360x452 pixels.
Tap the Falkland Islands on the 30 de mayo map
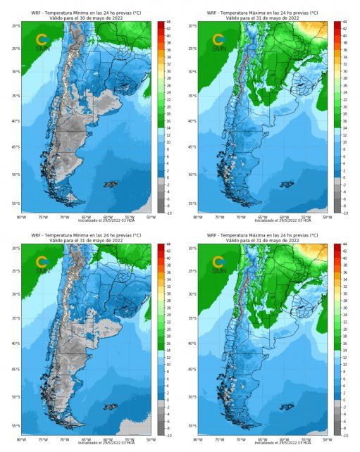tap(110, 184)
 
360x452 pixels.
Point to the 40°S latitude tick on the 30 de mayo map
tap(15, 121)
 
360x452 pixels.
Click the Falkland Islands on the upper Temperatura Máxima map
tap(287, 184)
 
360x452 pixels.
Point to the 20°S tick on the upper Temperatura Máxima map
tap(192, 26)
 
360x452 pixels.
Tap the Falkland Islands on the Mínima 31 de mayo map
tap(110, 406)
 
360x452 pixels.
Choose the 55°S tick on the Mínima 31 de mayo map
tap(15, 426)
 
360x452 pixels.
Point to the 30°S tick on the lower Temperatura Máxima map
tap(192, 294)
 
